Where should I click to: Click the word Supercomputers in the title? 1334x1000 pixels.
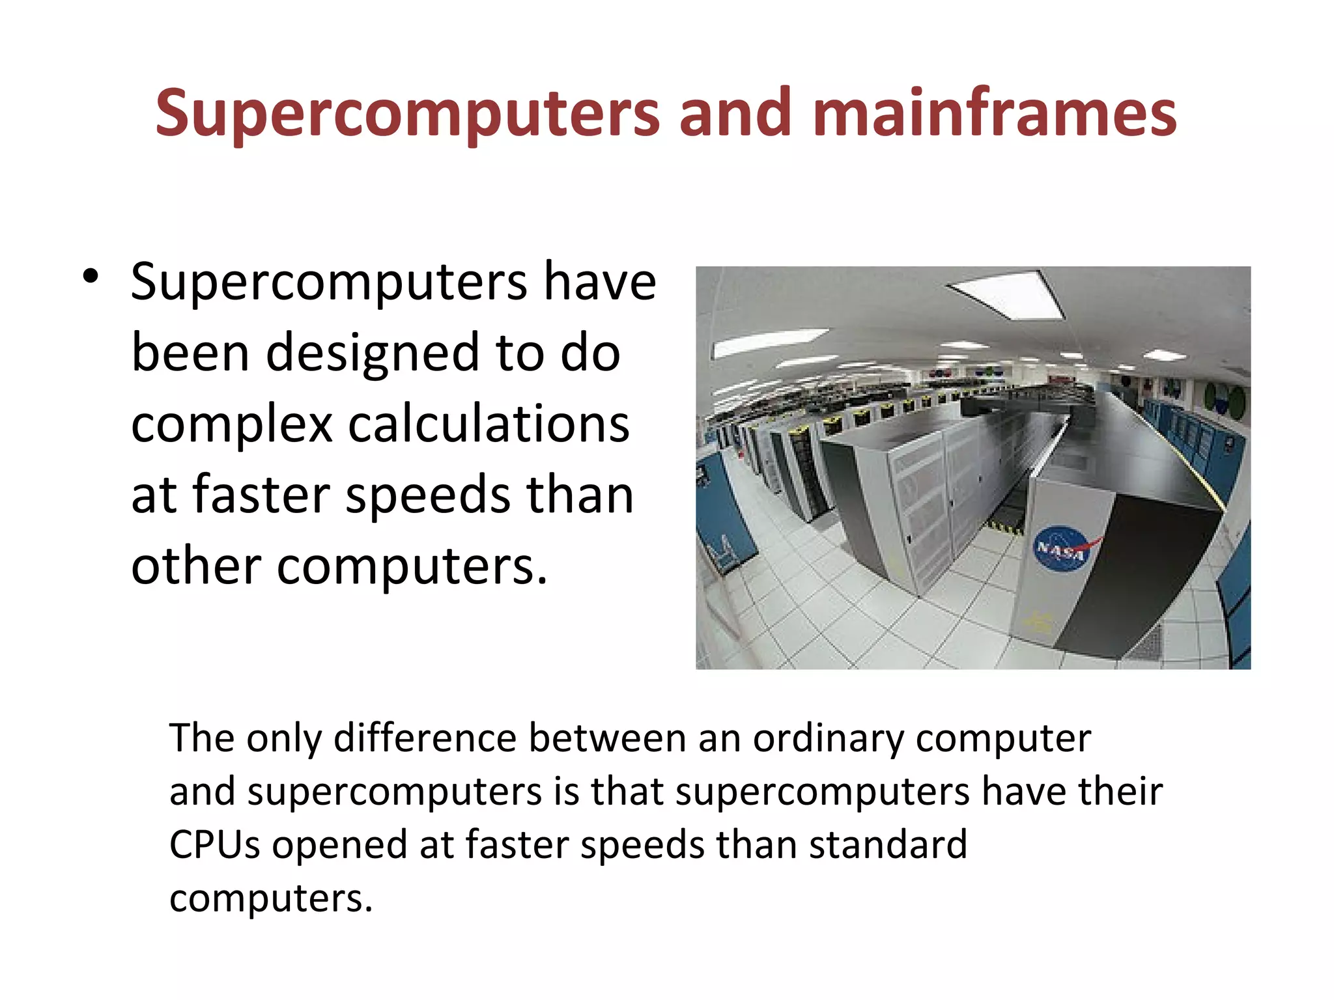click(408, 115)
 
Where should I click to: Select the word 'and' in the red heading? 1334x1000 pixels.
click(735, 113)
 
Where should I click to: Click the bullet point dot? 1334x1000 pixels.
click(91, 276)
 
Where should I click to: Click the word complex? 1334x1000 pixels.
click(232, 424)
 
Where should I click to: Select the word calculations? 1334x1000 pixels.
click(489, 424)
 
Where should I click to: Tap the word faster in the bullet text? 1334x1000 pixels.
click(261, 495)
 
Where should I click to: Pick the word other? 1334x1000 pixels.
click(196, 566)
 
